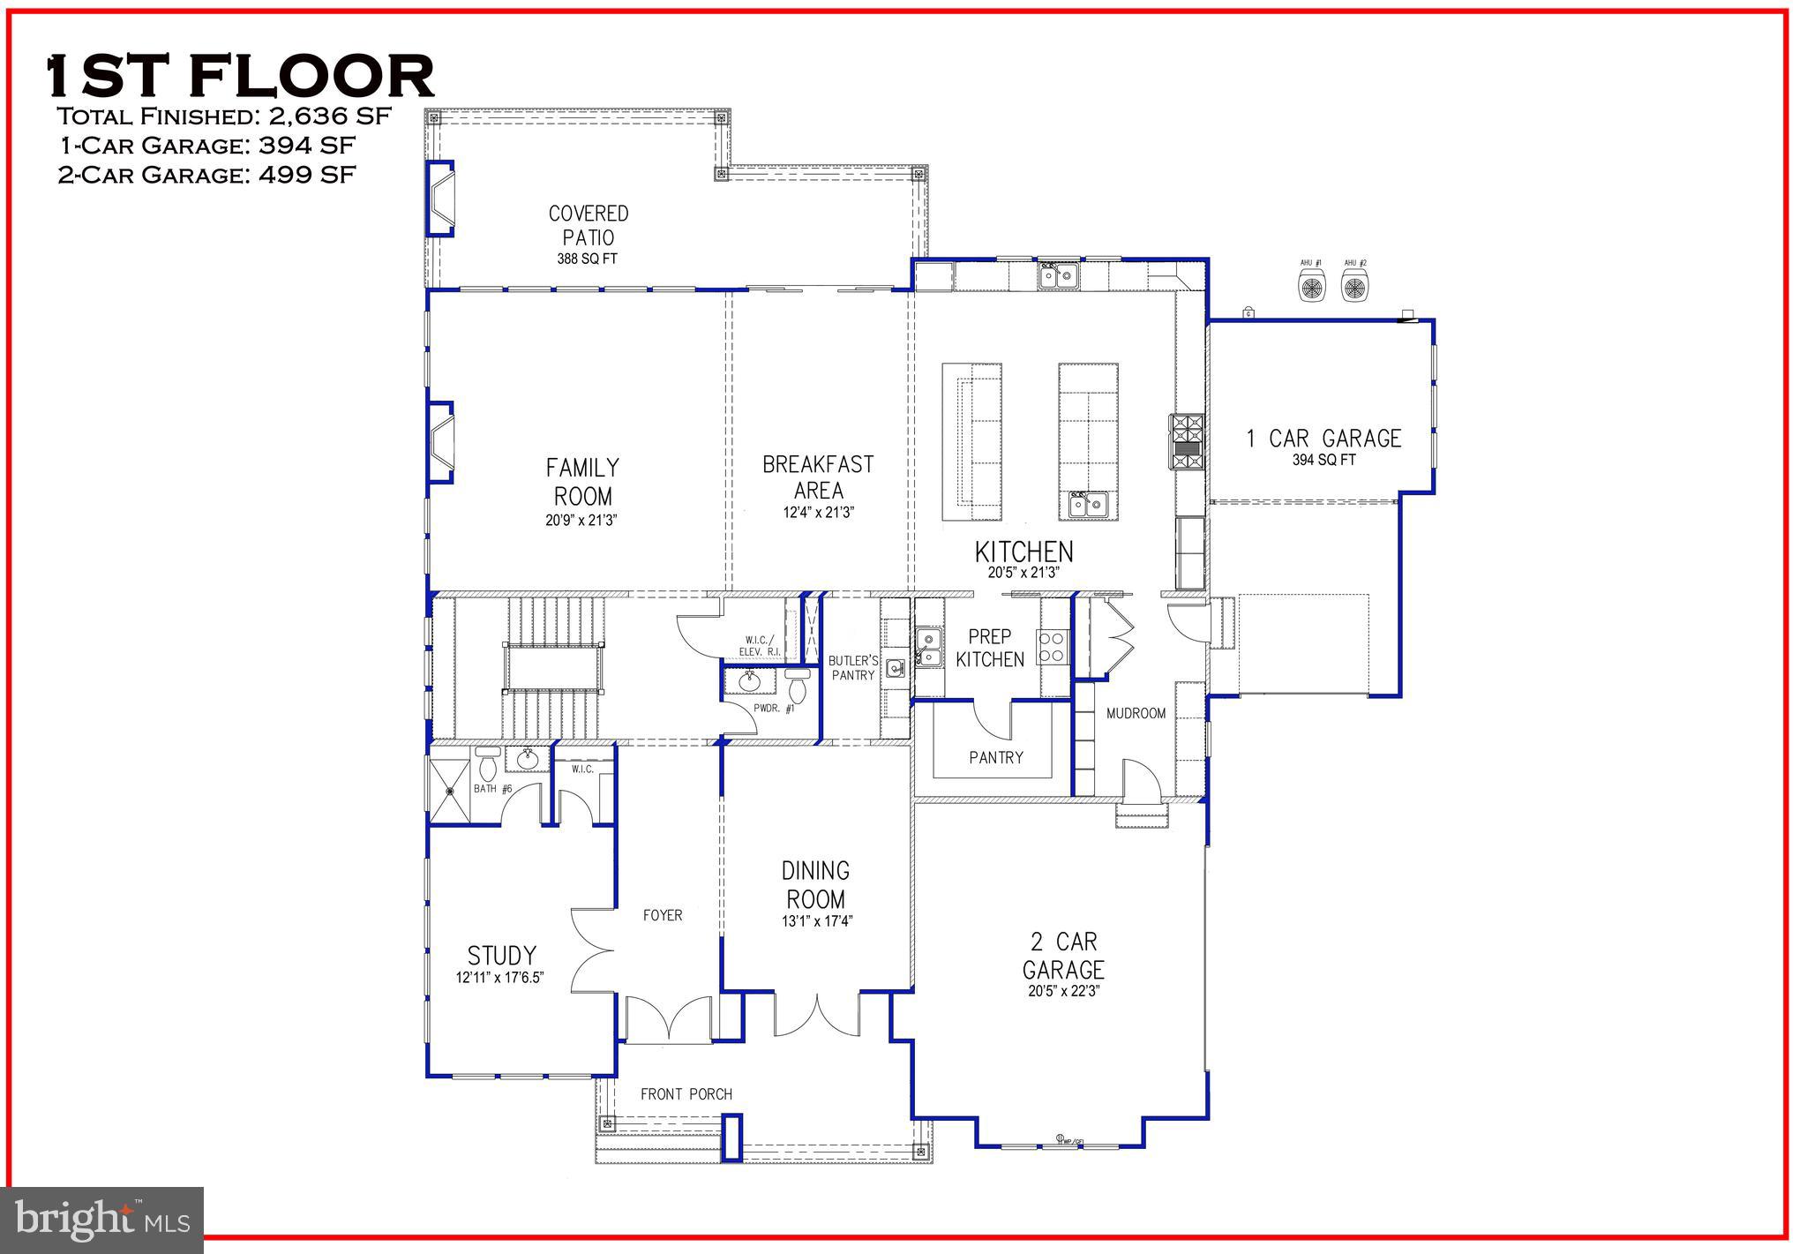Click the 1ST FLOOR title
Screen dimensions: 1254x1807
(240, 76)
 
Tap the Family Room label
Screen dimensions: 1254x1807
(582, 481)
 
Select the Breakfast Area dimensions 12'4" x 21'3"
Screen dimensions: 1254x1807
(818, 512)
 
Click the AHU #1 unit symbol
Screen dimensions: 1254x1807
(1311, 286)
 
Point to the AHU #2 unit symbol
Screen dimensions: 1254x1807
(1355, 286)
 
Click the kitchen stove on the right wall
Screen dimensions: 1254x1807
(1187, 440)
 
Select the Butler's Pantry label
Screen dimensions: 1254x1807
(853, 668)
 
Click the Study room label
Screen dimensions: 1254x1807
(501, 955)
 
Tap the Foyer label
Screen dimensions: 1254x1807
(662, 915)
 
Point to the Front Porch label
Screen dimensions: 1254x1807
(686, 1094)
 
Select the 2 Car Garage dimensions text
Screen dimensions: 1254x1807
(1063, 991)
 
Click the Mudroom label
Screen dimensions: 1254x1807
(1136, 713)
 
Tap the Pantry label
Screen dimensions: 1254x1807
(995, 757)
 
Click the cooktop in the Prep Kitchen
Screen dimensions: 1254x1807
(1053, 646)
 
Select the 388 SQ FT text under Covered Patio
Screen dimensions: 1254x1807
(587, 259)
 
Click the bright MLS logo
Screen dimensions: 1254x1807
(102, 1220)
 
